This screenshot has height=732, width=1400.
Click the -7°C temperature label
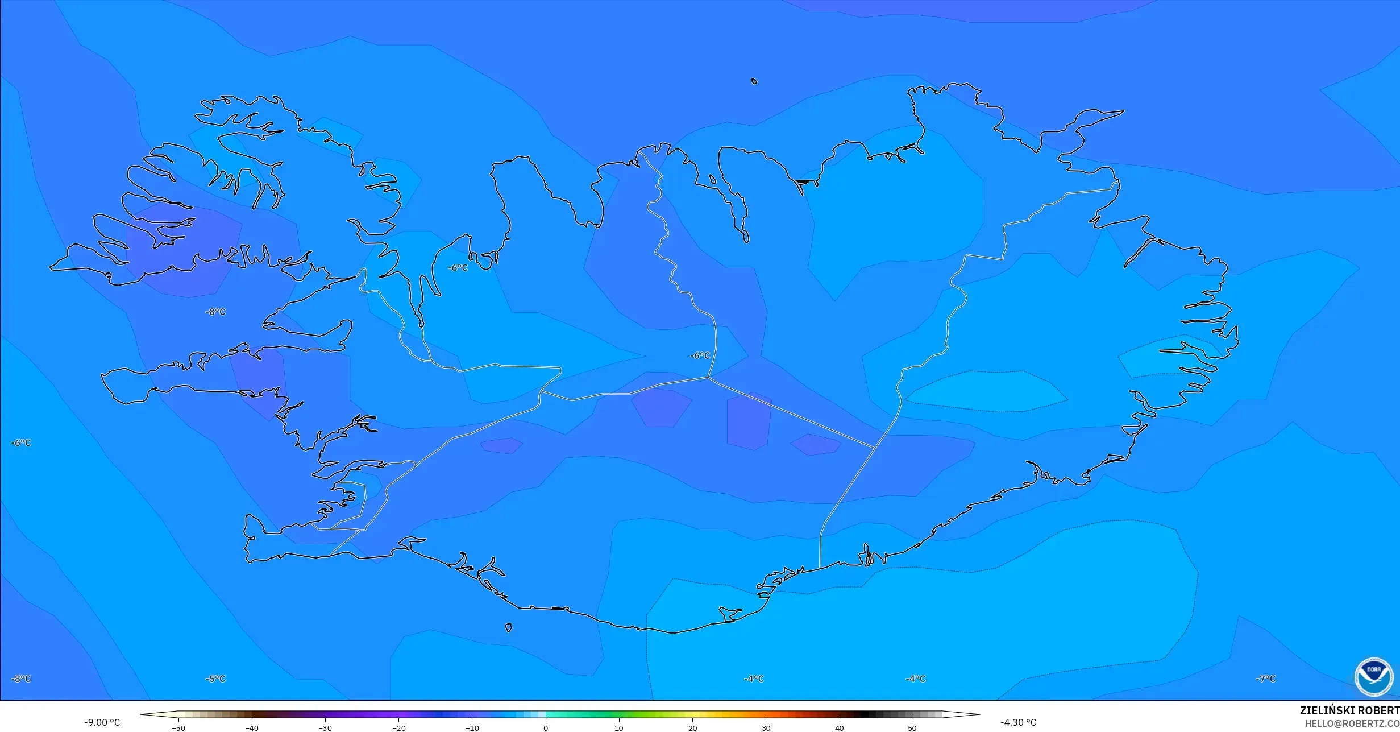(x=1265, y=679)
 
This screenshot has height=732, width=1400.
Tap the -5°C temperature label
(x=215, y=679)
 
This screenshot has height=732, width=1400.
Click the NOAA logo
(x=1373, y=677)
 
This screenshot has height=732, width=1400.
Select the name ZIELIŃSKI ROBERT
(x=1349, y=711)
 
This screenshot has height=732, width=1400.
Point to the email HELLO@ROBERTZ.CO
(x=1352, y=723)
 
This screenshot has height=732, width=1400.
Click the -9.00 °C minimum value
(x=102, y=722)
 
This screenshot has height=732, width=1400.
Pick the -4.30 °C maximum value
(x=1018, y=722)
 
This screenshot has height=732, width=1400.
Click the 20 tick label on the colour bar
(x=692, y=728)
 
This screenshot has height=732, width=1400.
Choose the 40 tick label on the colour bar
(x=839, y=728)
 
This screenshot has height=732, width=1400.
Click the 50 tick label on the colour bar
(x=912, y=728)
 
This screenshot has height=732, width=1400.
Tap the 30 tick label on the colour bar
(x=766, y=728)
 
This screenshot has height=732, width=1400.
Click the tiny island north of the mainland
(x=754, y=81)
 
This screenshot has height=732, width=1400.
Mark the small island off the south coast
(x=508, y=628)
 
